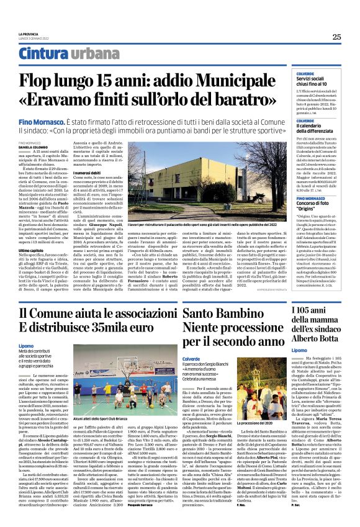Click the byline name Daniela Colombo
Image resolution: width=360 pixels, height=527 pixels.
coord(31,146)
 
